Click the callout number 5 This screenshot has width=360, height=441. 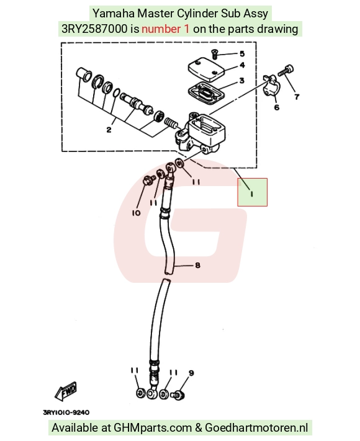point(242,54)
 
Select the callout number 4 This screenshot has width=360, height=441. point(242,65)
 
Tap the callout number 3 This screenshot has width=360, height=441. point(242,81)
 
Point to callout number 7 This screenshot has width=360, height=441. point(297,97)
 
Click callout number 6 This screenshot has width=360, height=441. point(277,107)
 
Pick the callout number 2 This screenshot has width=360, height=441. point(109,130)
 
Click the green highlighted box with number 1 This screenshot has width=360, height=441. point(252,192)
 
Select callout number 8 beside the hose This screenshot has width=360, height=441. point(197,265)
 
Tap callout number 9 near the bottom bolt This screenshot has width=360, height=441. point(191,373)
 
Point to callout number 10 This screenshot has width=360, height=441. point(136,213)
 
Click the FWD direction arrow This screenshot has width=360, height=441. point(66,391)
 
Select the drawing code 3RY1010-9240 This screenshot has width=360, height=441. point(66,412)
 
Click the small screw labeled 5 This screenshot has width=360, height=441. point(214,53)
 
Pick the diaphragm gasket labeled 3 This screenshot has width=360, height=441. point(206,92)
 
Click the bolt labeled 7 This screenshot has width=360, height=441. point(286,71)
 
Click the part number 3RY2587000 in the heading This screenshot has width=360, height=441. point(94,29)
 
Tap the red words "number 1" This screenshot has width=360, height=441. point(166,29)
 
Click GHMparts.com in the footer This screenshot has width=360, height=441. point(153,428)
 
